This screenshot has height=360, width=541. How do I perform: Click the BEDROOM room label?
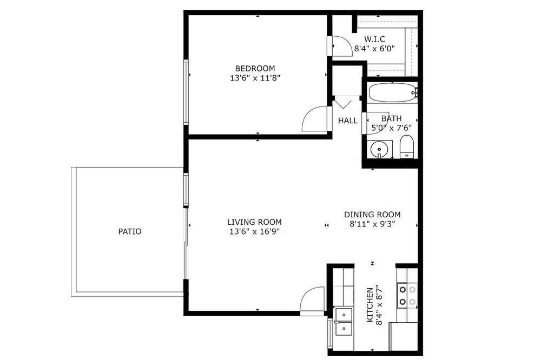point(255,68)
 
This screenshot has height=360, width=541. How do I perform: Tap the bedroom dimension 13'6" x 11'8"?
point(255,78)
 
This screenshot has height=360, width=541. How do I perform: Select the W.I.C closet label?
point(374,39)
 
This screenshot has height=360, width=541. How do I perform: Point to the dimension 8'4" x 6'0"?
point(374,48)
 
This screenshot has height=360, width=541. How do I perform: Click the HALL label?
point(348,121)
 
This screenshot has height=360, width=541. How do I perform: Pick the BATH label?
point(391,118)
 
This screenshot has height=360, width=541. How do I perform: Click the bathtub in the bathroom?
point(393,93)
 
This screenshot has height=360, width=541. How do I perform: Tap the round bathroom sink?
point(380,149)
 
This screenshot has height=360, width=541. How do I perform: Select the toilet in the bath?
point(406,146)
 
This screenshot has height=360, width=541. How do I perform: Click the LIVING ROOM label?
point(254,222)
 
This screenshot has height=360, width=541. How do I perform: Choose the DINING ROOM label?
point(372,215)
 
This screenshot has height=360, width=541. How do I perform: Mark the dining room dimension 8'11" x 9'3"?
point(372,224)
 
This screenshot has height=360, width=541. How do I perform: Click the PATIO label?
point(130,231)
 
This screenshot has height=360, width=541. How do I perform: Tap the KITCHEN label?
point(370,305)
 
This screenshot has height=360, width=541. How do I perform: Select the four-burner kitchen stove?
point(407,296)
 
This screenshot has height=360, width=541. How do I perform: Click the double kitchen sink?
point(344,321)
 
